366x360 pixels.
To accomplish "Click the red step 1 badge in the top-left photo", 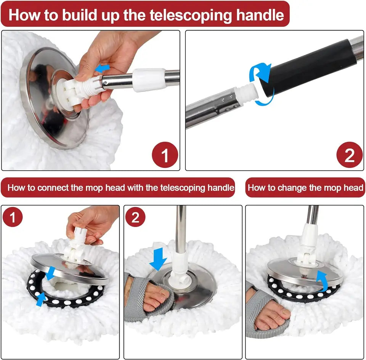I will [x=165, y=155].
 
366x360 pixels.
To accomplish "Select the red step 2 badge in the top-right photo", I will [x=349, y=155].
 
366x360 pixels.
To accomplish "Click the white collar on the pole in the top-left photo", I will [x=149, y=80].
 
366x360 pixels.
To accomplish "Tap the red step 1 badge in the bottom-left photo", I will [x=13, y=218].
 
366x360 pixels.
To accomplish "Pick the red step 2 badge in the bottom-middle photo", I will [x=135, y=218].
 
